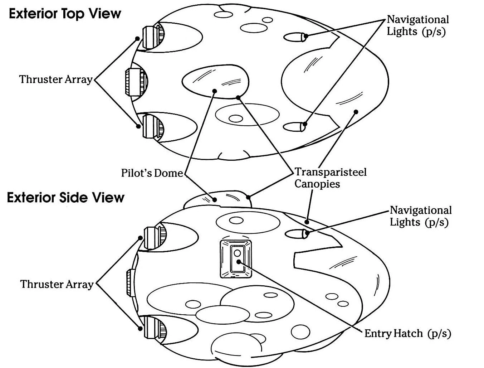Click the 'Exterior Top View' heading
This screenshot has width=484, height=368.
[x=65, y=14]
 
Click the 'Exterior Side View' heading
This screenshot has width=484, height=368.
[x=65, y=198]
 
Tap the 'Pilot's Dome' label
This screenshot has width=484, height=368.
[x=152, y=173]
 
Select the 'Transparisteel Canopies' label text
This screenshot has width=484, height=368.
[x=330, y=178]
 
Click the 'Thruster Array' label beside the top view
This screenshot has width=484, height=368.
[x=56, y=79]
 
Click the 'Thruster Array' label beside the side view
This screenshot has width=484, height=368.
[x=57, y=284]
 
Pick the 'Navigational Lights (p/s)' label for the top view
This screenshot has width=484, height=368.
[x=418, y=25]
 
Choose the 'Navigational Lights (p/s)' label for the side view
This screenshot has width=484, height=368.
[x=421, y=216]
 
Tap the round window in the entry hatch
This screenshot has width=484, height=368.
[x=237, y=253]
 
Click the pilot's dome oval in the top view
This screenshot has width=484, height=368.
[x=215, y=81]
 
